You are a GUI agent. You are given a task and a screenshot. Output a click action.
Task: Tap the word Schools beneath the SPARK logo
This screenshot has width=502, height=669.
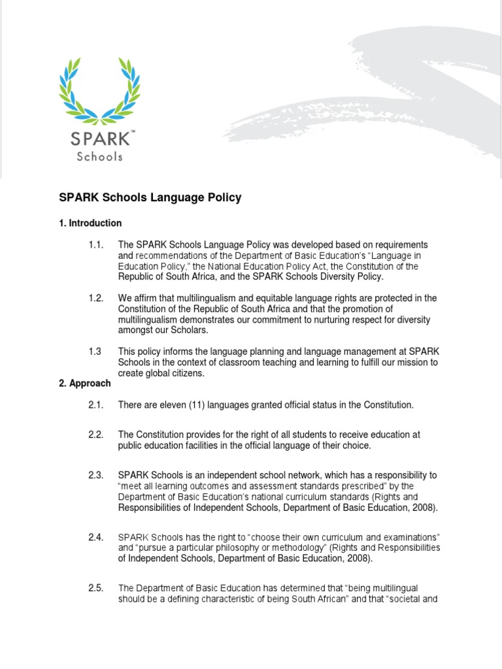click(x=99, y=157)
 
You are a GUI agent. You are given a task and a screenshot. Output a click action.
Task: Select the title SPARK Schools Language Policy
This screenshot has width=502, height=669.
click(x=150, y=198)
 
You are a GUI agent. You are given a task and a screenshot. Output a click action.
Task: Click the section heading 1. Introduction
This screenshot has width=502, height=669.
click(x=90, y=223)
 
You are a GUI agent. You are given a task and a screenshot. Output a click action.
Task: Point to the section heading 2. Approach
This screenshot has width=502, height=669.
click(x=85, y=383)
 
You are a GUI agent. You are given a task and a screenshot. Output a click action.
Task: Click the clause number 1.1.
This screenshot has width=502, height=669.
click(x=97, y=244)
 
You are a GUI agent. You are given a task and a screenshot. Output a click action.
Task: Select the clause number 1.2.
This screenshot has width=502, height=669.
click(x=97, y=298)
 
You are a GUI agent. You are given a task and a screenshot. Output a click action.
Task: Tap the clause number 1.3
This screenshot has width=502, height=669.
click(x=95, y=351)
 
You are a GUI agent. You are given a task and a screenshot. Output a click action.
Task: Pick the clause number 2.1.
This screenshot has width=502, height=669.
click(x=97, y=405)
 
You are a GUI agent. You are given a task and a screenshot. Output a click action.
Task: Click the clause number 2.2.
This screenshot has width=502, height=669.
click(x=97, y=434)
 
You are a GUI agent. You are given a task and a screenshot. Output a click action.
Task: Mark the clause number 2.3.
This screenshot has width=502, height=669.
click(x=97, y=475)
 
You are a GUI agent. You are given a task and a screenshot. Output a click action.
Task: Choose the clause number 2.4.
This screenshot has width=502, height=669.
click(x=97, y=537)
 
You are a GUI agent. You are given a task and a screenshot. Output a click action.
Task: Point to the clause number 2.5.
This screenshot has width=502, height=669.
click(x=97, y=588)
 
